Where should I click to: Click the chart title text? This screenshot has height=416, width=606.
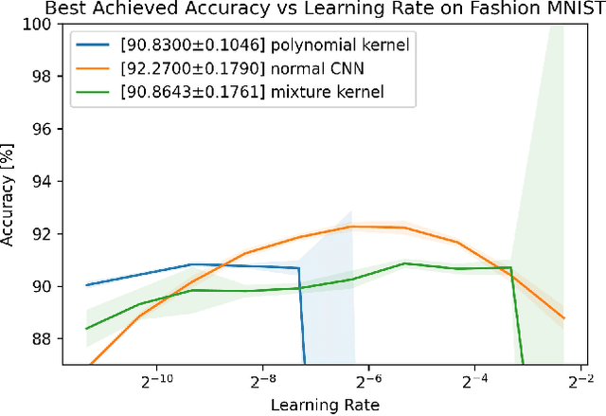pyautogui.click(x=303, y=9)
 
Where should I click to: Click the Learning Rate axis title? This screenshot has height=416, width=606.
pyautogui.click(x=325, y=405)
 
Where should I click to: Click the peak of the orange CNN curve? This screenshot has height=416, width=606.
pyautogui.click(x=351, y=226)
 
